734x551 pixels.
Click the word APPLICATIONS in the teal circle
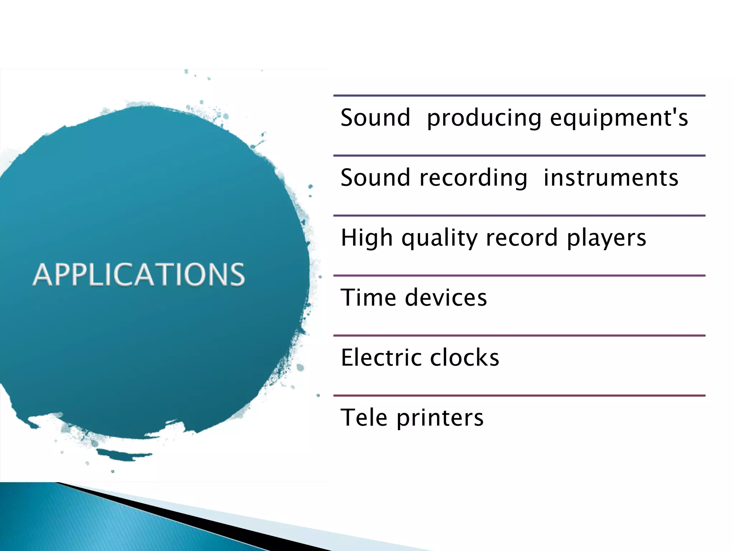[x=139, y=274]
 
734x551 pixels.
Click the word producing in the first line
[x=484, y=118]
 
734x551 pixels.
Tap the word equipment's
[x=619, y=118]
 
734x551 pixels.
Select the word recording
[x=473, y=178]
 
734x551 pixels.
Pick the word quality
[x=439, y=238]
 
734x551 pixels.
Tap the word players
[x=606, y=238]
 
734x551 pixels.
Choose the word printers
[x=440, y=418]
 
